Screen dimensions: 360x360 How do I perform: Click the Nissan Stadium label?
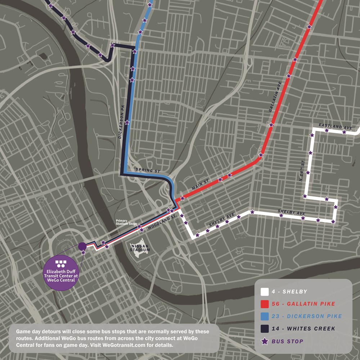(x=140, y=247)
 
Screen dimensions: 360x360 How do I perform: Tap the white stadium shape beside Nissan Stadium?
(x=138, y=247)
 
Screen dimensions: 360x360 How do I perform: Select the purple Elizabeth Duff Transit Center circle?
(x=60, y=273)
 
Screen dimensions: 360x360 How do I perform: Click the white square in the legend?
(x=265, y=292)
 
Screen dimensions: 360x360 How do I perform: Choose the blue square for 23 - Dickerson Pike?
(x=265, y=316)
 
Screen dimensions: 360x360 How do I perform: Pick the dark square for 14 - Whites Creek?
(x=265, y=329)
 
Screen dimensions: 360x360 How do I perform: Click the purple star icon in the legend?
(x=265, y=341)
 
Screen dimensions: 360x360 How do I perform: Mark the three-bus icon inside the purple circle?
(x=60, y=264)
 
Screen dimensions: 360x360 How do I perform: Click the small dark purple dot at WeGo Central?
(x=82, y=246)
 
